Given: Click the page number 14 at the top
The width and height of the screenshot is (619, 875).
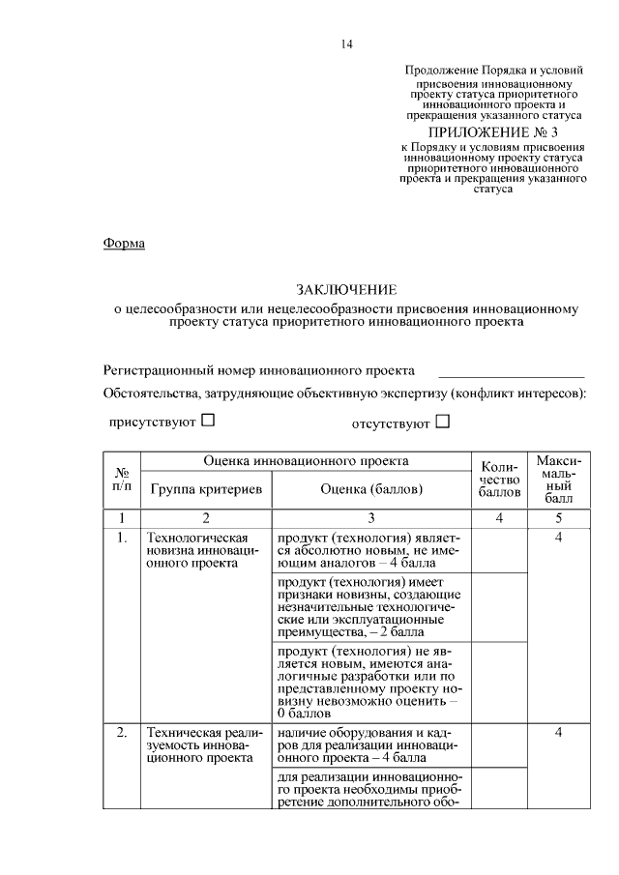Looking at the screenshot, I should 347,44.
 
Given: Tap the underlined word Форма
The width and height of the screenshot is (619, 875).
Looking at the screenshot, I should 124,244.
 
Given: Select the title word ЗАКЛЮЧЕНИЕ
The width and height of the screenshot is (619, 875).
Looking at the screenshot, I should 346,290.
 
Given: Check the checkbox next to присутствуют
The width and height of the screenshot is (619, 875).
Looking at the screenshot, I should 208,421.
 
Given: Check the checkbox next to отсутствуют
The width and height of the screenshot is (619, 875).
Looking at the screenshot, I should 443,421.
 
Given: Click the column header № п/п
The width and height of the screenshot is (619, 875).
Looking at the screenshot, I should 122,479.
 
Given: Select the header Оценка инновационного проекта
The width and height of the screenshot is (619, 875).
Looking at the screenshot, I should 306,462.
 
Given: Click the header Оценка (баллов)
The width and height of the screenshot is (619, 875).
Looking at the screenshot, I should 371,489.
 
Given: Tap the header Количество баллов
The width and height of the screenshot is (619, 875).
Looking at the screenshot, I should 499,479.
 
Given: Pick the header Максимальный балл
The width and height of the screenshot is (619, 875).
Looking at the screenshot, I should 558,479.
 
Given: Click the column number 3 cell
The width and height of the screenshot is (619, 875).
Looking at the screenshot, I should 371,518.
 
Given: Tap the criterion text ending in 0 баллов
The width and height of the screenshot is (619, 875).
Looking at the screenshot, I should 369,681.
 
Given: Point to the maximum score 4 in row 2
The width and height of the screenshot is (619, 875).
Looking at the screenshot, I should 558,733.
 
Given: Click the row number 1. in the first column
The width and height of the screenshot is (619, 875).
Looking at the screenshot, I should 122,537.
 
